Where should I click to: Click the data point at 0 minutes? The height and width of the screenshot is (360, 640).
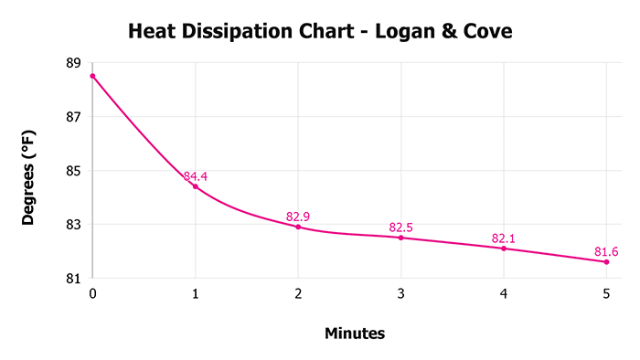(x=92, y=76)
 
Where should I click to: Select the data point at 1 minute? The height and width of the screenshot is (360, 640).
(x=196, y=186)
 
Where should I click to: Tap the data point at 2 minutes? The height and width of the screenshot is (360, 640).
(x=298, y=227)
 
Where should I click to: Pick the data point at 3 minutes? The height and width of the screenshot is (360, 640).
(x=400, y=238)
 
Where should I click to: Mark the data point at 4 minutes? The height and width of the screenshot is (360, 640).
(x=504, y=249)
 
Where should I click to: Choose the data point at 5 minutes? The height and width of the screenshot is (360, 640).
(x=606, y=262)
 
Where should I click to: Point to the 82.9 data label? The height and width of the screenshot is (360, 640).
(x=298, y=217)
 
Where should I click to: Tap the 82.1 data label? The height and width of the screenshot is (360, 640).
(x=504, y=238)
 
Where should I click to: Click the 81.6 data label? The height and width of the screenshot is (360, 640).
(x=607, y=251)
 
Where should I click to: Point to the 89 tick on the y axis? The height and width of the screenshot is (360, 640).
(x=73, y=63)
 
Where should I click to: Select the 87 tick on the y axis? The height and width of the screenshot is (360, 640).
(x=73, y=117)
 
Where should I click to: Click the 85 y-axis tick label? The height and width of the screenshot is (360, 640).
(x=73, y=171)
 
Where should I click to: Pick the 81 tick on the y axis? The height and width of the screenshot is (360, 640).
(x=73, y=278)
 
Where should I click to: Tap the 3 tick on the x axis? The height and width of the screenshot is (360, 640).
(x=400, y=294)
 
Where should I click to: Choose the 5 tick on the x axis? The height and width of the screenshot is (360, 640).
(x=606, y=294)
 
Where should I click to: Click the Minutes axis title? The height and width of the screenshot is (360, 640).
(x=355, y=334)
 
